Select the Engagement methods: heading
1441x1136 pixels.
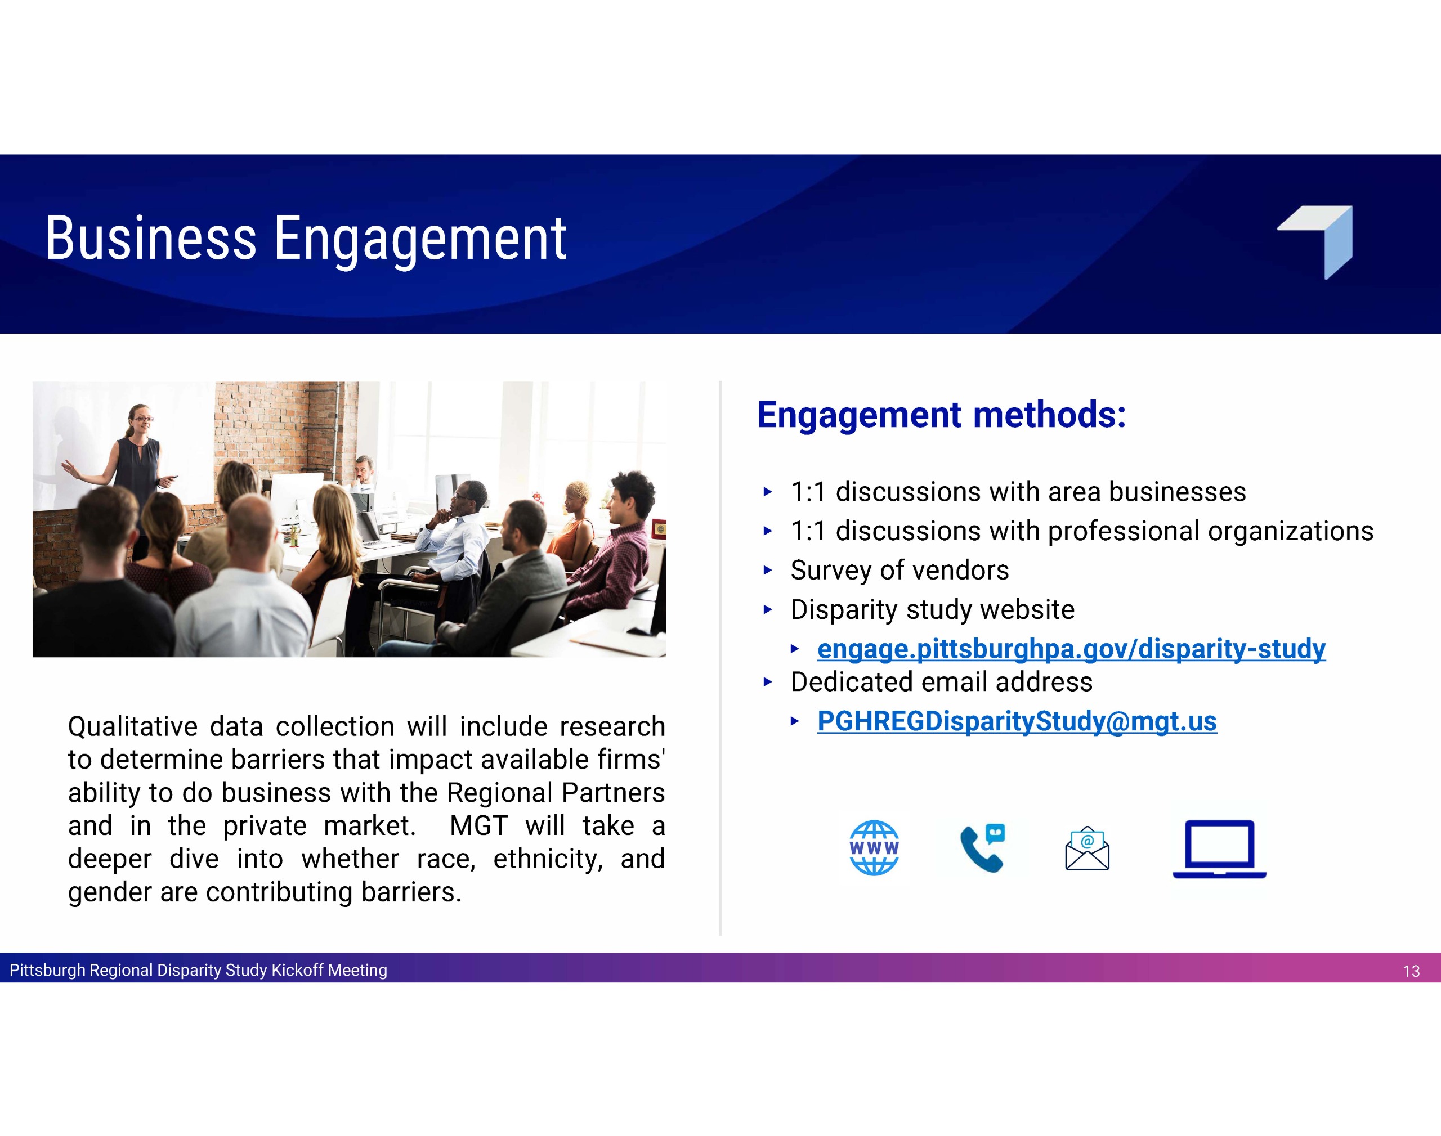[941, 416]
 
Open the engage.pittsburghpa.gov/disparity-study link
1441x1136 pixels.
[1071, 649]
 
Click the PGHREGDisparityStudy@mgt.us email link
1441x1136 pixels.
[1017, 722]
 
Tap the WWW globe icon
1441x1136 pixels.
[874, 848]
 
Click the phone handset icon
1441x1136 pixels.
[983, 848]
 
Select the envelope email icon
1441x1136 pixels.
[1087, 848]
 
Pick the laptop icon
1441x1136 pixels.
[1219, 850]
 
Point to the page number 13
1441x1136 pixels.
[1411, 972]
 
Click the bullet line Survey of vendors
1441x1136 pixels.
[899, 571]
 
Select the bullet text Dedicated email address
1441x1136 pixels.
[941, 683]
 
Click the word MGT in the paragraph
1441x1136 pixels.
[479, 826]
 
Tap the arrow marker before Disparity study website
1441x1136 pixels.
[768, 609]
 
